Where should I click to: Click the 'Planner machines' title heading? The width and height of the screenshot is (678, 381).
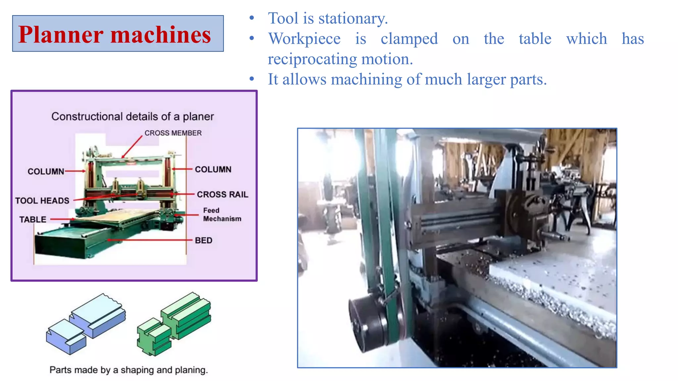tap(115, 34)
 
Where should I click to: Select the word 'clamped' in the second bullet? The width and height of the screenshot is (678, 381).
tap(409, 39)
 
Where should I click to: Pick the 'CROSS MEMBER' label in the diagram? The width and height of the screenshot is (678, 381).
tap(173, 133)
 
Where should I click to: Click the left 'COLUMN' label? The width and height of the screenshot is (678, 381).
tap(46, 171)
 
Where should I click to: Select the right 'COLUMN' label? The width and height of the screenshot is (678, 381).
tap(213, 169)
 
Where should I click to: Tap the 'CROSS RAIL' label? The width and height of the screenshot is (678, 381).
tap(222, 194)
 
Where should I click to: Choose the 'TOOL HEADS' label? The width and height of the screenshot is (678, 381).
tap(42, 201)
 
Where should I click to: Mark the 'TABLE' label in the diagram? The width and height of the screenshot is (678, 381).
tap(32, 220)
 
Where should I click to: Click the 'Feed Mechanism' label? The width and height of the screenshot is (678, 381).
tap(222, 215)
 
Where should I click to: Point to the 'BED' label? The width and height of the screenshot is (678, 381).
tap(203, 240)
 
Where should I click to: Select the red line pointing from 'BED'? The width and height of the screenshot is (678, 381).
tap(149, 240)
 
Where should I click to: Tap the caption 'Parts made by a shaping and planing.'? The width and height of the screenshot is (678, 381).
tap(128, 370)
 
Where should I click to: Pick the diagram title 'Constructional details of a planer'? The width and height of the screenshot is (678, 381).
tap(132, 116)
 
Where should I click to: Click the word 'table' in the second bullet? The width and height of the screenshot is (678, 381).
tap(535, 39)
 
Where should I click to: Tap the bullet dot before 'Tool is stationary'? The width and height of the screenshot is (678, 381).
tap(252, 18)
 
